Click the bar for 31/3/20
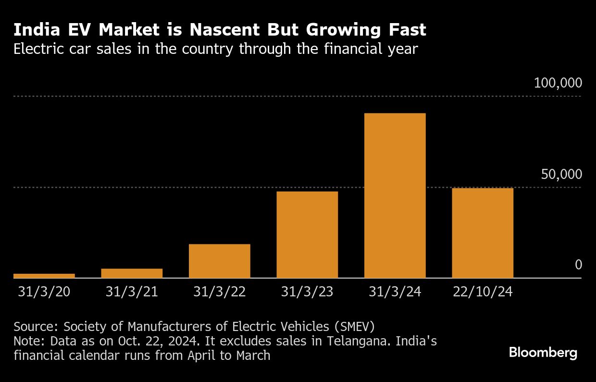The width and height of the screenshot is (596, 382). click(44, 276)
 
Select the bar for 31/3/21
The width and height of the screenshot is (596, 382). click(132, 273)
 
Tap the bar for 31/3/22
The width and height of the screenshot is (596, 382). click(220, 261)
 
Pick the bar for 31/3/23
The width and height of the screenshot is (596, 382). click(307, 234)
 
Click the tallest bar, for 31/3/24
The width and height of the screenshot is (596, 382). click(395, 195)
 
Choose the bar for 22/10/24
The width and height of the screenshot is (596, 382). click(483, 233)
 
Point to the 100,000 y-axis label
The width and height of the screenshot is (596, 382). click(558, 83)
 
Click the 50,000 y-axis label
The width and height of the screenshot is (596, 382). click(561, 174)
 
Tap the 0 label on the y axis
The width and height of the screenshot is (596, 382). click(578, 265)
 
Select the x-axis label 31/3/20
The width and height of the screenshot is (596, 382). click(44, 292)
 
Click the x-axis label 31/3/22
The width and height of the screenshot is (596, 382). click(220, 292)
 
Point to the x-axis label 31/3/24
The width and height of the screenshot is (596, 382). click(395, 292)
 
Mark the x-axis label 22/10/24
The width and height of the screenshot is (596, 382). click(483, 292)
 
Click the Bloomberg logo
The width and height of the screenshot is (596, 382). click(543, 353)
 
